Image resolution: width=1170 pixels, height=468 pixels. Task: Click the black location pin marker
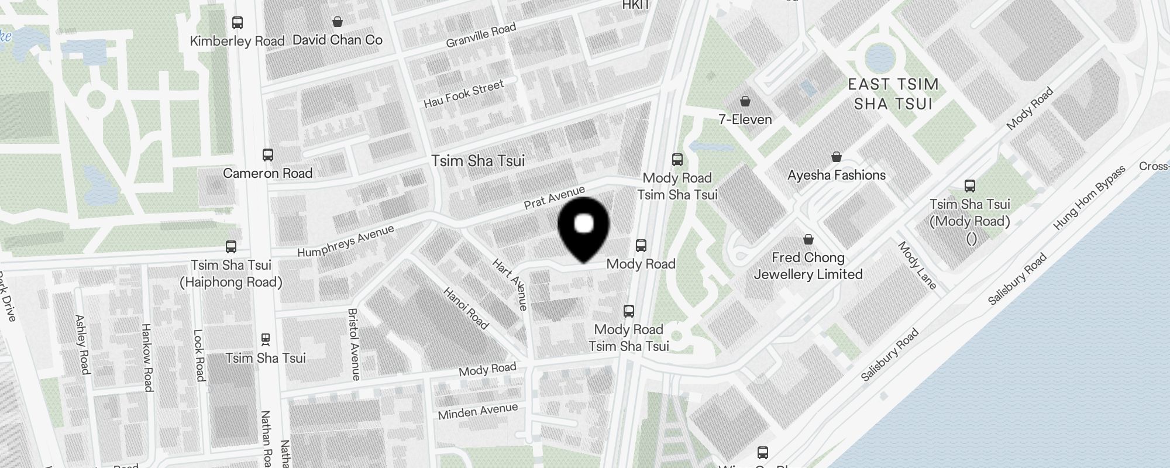point(584,228)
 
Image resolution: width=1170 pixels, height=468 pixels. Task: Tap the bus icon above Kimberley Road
point(238,23)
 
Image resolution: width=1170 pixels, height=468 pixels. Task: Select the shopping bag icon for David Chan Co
point(338,22)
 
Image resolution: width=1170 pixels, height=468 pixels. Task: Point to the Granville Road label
point(481,35)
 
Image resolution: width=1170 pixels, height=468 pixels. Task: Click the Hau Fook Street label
point(463,94)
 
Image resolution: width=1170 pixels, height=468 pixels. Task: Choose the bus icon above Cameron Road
point(268,155)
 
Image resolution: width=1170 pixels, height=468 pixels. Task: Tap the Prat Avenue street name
point(554,198)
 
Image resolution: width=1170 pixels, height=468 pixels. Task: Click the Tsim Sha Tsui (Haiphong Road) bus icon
point(231,247)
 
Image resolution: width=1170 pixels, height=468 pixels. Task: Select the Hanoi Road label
point(466,308)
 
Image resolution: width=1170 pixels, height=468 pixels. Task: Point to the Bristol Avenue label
point(353,345)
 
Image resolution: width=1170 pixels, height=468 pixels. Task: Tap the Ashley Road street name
point(82,345)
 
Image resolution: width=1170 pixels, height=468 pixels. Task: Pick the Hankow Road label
point(147,357)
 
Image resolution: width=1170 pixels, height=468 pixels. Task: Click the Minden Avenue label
point(478,412)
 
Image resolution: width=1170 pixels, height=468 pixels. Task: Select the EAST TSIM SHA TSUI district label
point(893,94)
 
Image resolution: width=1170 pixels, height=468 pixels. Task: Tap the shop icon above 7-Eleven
point(745,101)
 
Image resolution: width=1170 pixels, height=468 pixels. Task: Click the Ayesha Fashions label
point(837,175)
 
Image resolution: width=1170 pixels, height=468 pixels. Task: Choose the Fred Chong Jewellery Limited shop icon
point(808,239)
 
